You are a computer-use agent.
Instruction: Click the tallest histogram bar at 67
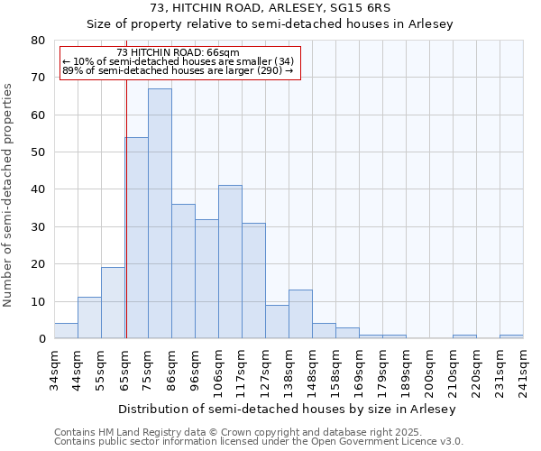coord(160,214)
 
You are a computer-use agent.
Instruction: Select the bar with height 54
coord(137,238)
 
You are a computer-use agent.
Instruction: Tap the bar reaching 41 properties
coord(230,262)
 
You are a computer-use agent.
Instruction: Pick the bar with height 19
coord(113,303)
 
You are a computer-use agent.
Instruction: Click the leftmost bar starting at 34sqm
coord(66,331)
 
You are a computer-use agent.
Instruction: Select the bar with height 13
coord(300,315)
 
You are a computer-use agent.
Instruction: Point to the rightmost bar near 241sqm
coord(511,336)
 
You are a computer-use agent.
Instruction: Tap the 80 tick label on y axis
coord(38,41)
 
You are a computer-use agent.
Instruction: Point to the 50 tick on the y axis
coord(38,152)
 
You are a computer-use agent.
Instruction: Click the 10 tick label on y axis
coord(38,301)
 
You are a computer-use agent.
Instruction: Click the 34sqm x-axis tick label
coord(55,367)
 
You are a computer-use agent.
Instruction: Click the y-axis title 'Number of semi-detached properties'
coord(9,195)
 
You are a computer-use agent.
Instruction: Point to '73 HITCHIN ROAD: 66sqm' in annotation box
coord(179,53)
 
